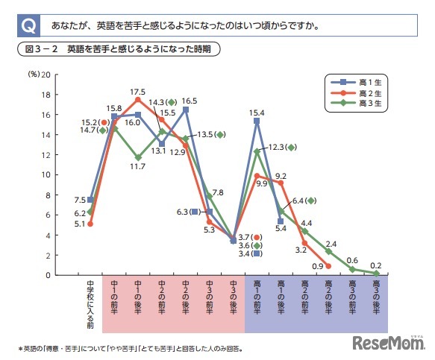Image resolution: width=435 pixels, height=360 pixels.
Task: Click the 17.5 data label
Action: click(137, 91)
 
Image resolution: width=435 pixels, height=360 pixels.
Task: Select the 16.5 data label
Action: click(189, 101)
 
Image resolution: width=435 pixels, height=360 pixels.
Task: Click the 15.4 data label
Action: click(256, 112)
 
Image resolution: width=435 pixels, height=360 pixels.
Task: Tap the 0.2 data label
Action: click(376, 265)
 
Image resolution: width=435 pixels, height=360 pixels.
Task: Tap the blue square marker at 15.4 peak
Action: click(256, 121)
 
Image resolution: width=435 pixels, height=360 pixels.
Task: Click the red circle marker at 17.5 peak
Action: click(137, 100)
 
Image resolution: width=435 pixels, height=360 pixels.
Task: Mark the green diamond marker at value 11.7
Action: click(137, 157)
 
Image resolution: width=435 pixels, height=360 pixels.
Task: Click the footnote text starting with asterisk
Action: click(131, 347)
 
